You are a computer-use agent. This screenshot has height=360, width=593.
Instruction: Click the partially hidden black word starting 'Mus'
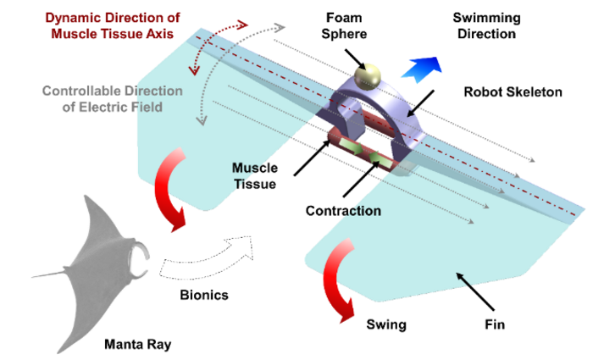tap(244, 168)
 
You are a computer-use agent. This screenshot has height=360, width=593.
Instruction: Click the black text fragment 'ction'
tap(362, 210)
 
